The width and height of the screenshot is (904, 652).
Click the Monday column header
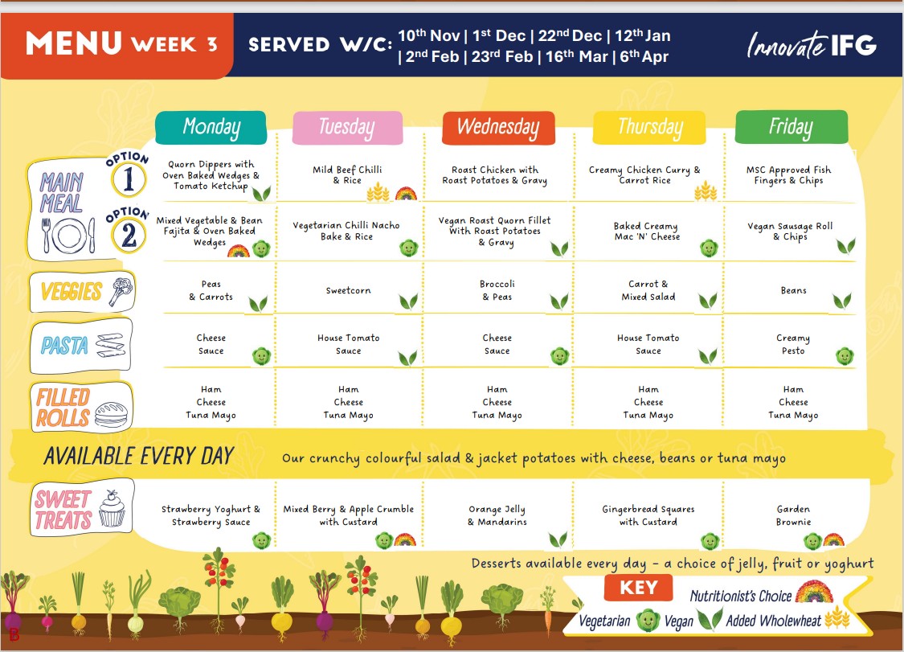pos(211,128)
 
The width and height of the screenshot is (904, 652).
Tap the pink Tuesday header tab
pos(347,128)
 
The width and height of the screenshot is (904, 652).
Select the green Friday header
pos(792,127)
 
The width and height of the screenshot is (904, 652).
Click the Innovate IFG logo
pos(812,45)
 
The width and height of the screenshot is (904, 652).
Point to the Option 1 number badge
pos(129,178)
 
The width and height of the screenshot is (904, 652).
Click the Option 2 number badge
pos(129,234)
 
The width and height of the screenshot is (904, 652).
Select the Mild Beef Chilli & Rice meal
pos(347,174)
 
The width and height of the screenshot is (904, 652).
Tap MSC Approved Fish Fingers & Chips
pos(789,174)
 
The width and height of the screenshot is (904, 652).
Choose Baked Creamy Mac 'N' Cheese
pos(647,232)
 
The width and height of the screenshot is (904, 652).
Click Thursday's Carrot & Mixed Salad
pos(648,290)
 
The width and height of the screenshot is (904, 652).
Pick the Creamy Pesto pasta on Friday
pos(793,344)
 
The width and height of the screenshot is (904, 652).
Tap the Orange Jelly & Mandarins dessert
pos(497,515)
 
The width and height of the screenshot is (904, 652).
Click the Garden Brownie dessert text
pos(793,515)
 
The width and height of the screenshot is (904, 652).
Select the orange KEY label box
pos(639,588)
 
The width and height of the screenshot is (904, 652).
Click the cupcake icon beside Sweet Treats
pos(112,508)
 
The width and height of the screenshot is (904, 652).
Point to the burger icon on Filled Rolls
pos(111,414)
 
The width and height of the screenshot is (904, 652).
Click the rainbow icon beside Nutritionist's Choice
pos(814,592)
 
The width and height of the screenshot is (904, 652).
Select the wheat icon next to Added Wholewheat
pos(837,618)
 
